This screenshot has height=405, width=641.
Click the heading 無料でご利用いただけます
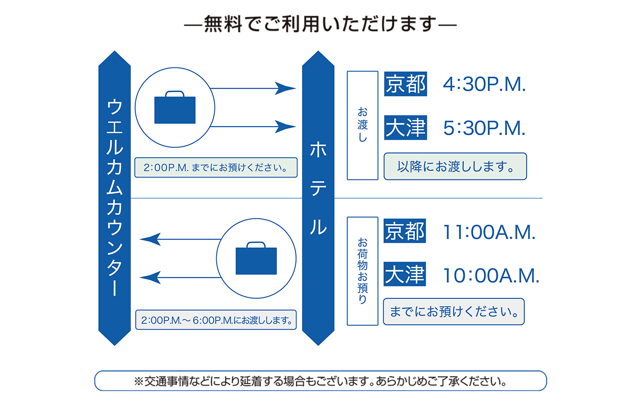coord(320,24)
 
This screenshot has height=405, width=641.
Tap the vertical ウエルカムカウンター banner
coord(114,198)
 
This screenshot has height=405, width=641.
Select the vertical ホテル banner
coord(318,198)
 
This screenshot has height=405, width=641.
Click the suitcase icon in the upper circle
coord(175,108)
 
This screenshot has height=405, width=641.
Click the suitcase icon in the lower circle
coord(256,259)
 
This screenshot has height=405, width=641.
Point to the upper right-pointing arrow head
coord(286,89)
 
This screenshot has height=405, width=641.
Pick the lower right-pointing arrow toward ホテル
coord(286,127)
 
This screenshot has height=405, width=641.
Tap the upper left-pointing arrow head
coord(150,239)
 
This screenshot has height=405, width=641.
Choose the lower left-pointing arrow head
coord(150,278)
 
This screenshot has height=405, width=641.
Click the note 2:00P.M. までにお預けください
coord(216,168)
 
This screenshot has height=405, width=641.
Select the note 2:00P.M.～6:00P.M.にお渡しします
coord(216,320)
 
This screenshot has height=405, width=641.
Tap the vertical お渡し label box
coord(362,125)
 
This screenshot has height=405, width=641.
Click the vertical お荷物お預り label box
coord(362,271)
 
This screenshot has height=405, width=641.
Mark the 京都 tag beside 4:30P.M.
coord(405,84)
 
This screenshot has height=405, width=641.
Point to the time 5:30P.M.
coord(484,128)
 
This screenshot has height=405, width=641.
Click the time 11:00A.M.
coord(489,232)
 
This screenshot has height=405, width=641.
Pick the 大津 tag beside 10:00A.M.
coord(405,274)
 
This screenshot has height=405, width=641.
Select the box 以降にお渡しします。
coord(455,166)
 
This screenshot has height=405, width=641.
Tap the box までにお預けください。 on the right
coord(453,312)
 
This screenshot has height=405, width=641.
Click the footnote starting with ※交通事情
coord(320,381)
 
